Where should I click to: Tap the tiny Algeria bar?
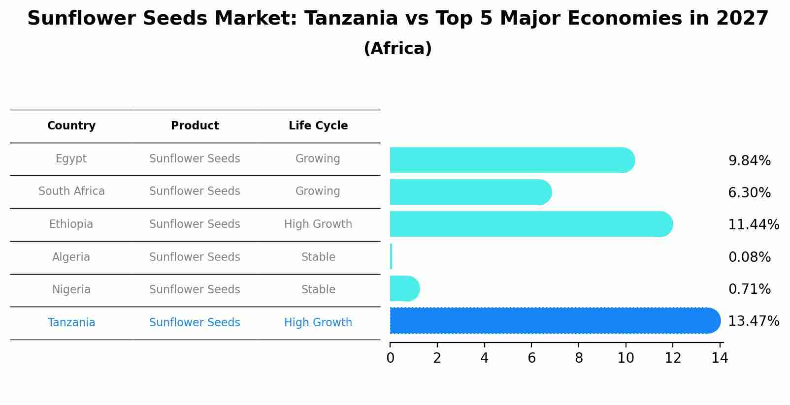[x=391, y=256]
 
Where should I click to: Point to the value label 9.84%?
[x=749, y=161]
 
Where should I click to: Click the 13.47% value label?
[x=753, y=321]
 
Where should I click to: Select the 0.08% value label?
[x=749, y=257]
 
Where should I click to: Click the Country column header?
[x=71, y=126]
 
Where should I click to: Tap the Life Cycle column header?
[x=318, y=126]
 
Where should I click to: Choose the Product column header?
[x=195, y=126]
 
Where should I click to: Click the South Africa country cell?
[x=71, y=191]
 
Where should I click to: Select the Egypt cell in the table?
[x=71, y=159]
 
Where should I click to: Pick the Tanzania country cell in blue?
[x=71, y=323]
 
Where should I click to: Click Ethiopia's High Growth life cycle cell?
[x=318, y=224]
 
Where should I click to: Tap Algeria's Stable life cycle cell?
[x=318, y=257]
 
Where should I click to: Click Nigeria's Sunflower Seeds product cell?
[x=195, y=290]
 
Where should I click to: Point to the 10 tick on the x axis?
[x=625, y=358]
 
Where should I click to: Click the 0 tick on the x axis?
[x=390, y=358]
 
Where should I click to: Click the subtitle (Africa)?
[x=397, y=49]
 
